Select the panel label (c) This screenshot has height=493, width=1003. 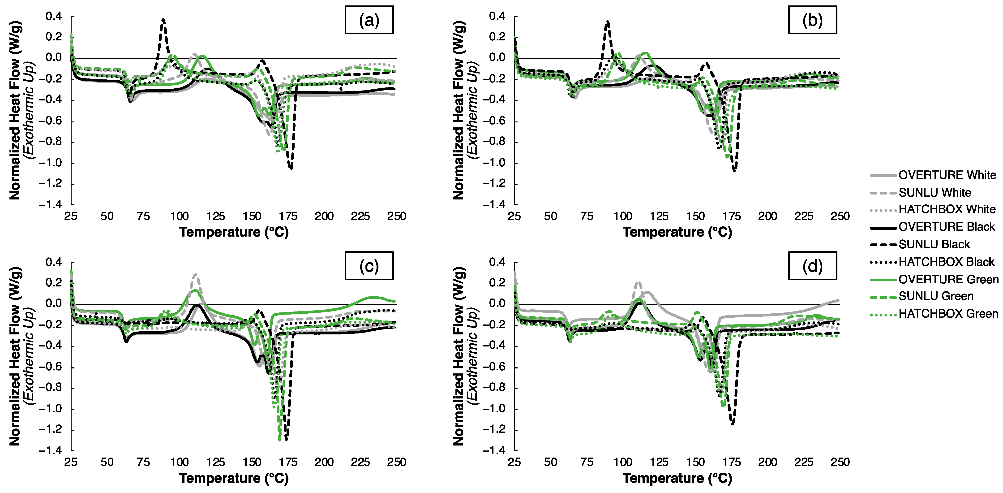click(369, 266)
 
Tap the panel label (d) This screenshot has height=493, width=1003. click(812, 266)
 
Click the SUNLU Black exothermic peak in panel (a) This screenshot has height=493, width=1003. click(163, 19)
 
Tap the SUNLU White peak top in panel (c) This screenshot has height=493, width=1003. click(195, 275)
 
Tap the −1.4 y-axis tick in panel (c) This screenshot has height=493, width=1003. click(50, 450)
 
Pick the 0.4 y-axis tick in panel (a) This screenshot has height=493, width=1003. click(53, 16)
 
